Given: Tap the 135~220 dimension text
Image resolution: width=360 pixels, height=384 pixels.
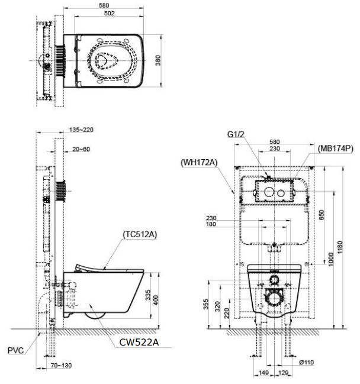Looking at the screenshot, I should coord(82,130).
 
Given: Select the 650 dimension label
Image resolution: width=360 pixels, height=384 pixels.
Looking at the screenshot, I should coord(320,215).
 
